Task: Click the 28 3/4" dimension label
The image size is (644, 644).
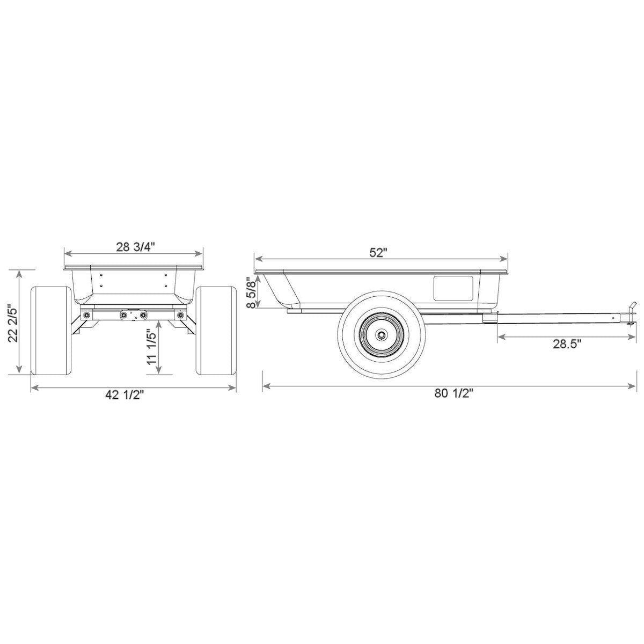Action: (135, 247)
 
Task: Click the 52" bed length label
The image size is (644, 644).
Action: (378, 252)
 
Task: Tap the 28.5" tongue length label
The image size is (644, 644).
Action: (567, 344)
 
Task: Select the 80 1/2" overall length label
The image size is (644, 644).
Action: (453, 393)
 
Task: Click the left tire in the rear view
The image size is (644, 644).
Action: (52, 330)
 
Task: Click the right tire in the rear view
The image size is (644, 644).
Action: (217, 330)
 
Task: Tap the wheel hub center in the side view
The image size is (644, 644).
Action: (382, 335)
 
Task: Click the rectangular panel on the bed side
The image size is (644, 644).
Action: (453, 288)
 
